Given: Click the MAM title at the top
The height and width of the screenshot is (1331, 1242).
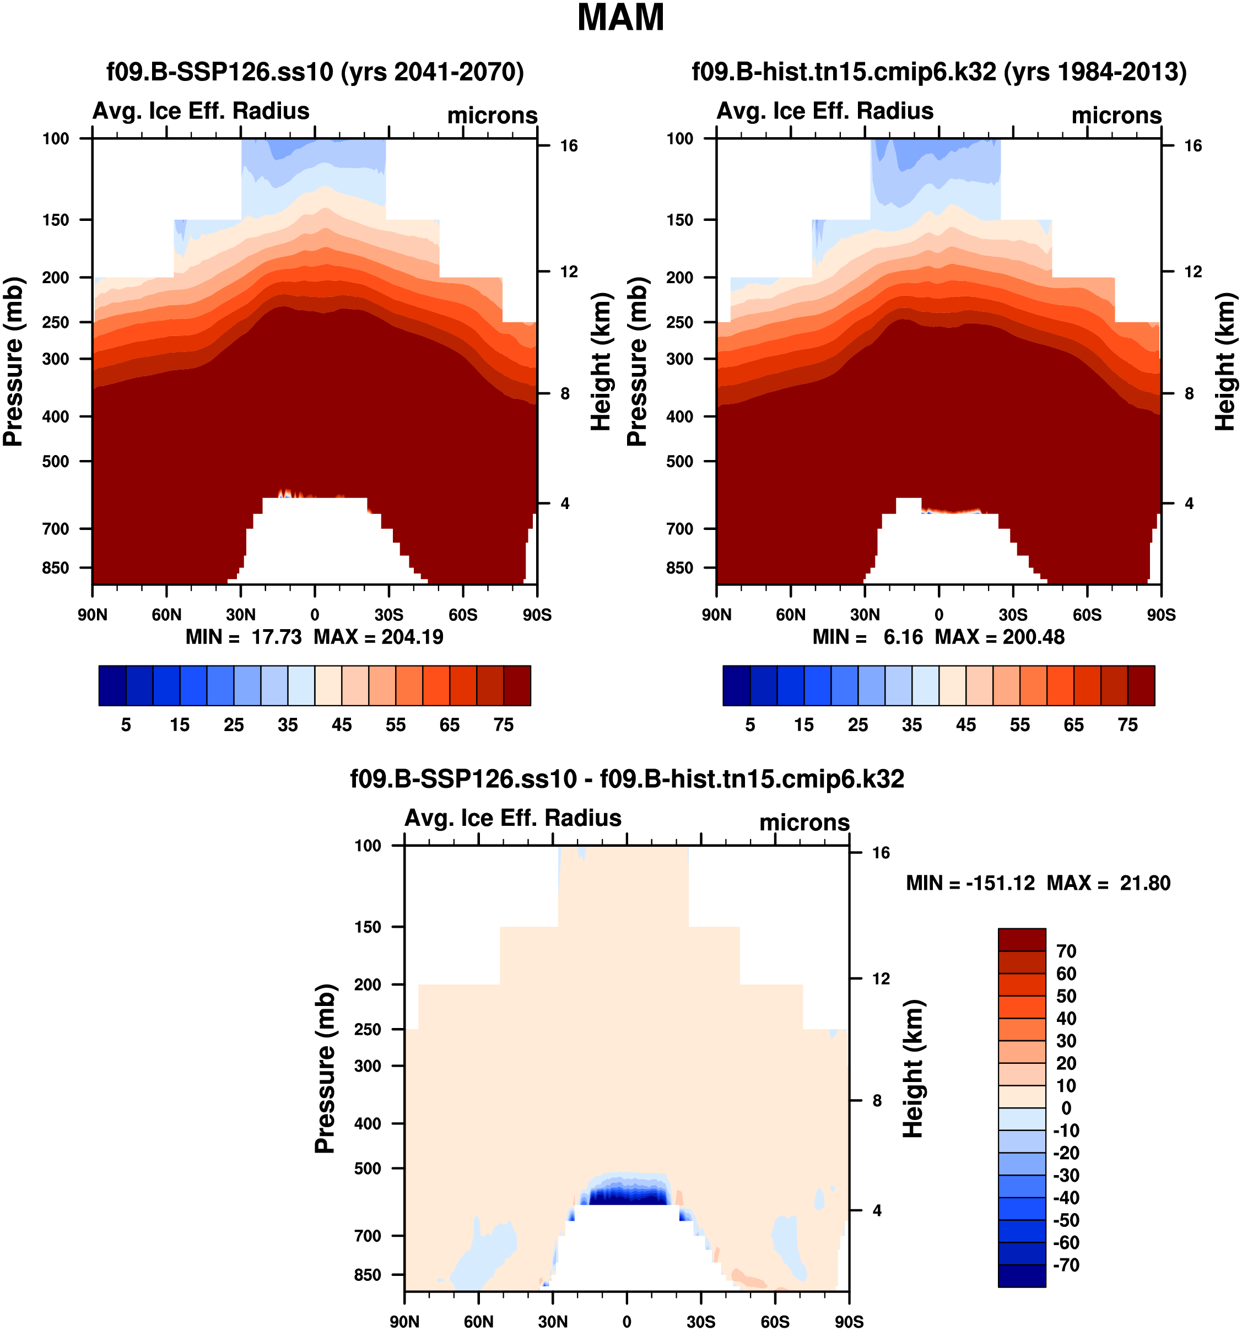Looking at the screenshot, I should [x=620, y=18].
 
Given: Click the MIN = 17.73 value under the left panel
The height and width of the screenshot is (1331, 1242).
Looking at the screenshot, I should [x=244, y=637].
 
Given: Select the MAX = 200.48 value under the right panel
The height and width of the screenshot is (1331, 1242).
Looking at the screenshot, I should [x=1000, y=637].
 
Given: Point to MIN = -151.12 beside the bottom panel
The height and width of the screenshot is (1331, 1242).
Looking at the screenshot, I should [x=970, y=883].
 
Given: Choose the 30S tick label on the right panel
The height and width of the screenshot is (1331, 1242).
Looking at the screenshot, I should [x=1013, y=615].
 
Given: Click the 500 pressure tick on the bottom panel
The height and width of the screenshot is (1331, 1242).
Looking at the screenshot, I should [x=368, y=1168].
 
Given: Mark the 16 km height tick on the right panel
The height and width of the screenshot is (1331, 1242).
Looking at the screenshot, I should [x=1192, y=146].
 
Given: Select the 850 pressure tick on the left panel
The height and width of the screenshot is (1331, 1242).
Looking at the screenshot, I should [x=56, y=568].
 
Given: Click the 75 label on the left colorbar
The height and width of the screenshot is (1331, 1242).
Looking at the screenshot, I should [x=504, y=725].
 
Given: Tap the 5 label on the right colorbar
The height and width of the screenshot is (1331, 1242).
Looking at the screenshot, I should [x=750, y=725].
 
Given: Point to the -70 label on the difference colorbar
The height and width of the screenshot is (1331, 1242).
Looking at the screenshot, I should [x=1066, y=1265].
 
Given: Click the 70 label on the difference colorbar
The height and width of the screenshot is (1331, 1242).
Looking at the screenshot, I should [x=1066, y=951].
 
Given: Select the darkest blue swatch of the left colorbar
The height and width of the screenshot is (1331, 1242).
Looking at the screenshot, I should [x=112, y=685].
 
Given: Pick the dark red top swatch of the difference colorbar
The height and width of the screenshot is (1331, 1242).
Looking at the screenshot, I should [x=1021, y=939].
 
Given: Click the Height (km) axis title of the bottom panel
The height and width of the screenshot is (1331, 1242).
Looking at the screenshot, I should [x=913, y=1069].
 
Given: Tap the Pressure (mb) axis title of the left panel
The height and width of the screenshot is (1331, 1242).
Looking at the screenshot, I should [x=13, y=361].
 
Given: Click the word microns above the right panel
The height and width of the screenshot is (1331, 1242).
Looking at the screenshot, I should [x=1116, y=115].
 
